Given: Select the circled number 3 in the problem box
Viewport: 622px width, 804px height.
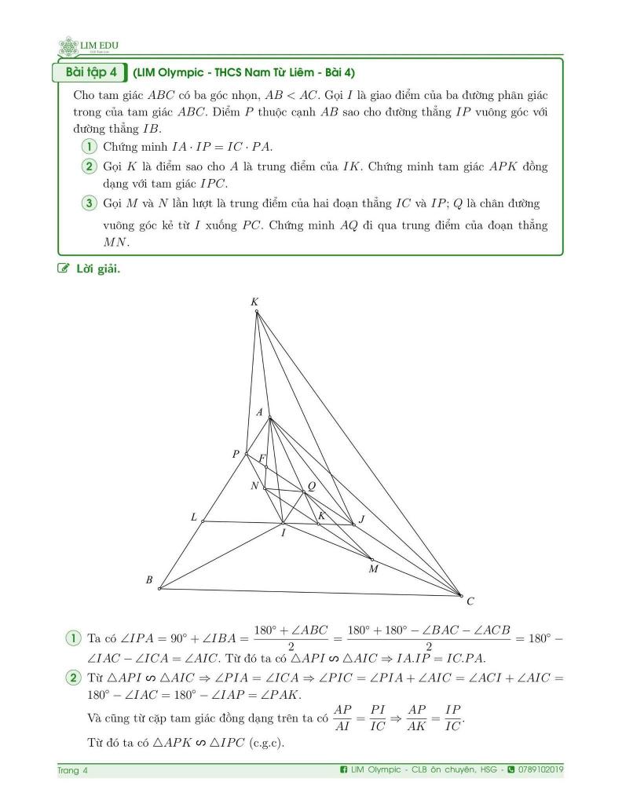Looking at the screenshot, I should coord(89,203).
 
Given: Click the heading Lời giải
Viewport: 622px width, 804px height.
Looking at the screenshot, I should coord(97,270).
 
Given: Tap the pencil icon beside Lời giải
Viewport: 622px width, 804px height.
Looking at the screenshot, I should coord(64,270).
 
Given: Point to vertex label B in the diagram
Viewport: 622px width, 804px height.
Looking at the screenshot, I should coord(148,580).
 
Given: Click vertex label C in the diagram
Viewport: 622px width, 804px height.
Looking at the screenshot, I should coord(470,602).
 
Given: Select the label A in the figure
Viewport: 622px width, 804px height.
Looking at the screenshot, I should coord(261,412).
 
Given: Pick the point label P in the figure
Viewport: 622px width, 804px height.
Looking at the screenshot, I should coord(236,454).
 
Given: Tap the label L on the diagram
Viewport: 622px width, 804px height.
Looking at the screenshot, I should coord(194,517).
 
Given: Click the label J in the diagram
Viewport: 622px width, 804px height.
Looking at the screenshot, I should coord(361,519).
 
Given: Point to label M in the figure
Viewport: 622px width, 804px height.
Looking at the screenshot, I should coord(374,569).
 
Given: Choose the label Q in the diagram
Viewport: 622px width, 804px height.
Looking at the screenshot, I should coord(312,486).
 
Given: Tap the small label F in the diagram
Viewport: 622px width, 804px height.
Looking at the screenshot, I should coord(262,459).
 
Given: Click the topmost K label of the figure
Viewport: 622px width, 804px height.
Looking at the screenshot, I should coord(254,302).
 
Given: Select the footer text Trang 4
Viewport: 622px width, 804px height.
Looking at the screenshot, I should coord(73,770).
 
